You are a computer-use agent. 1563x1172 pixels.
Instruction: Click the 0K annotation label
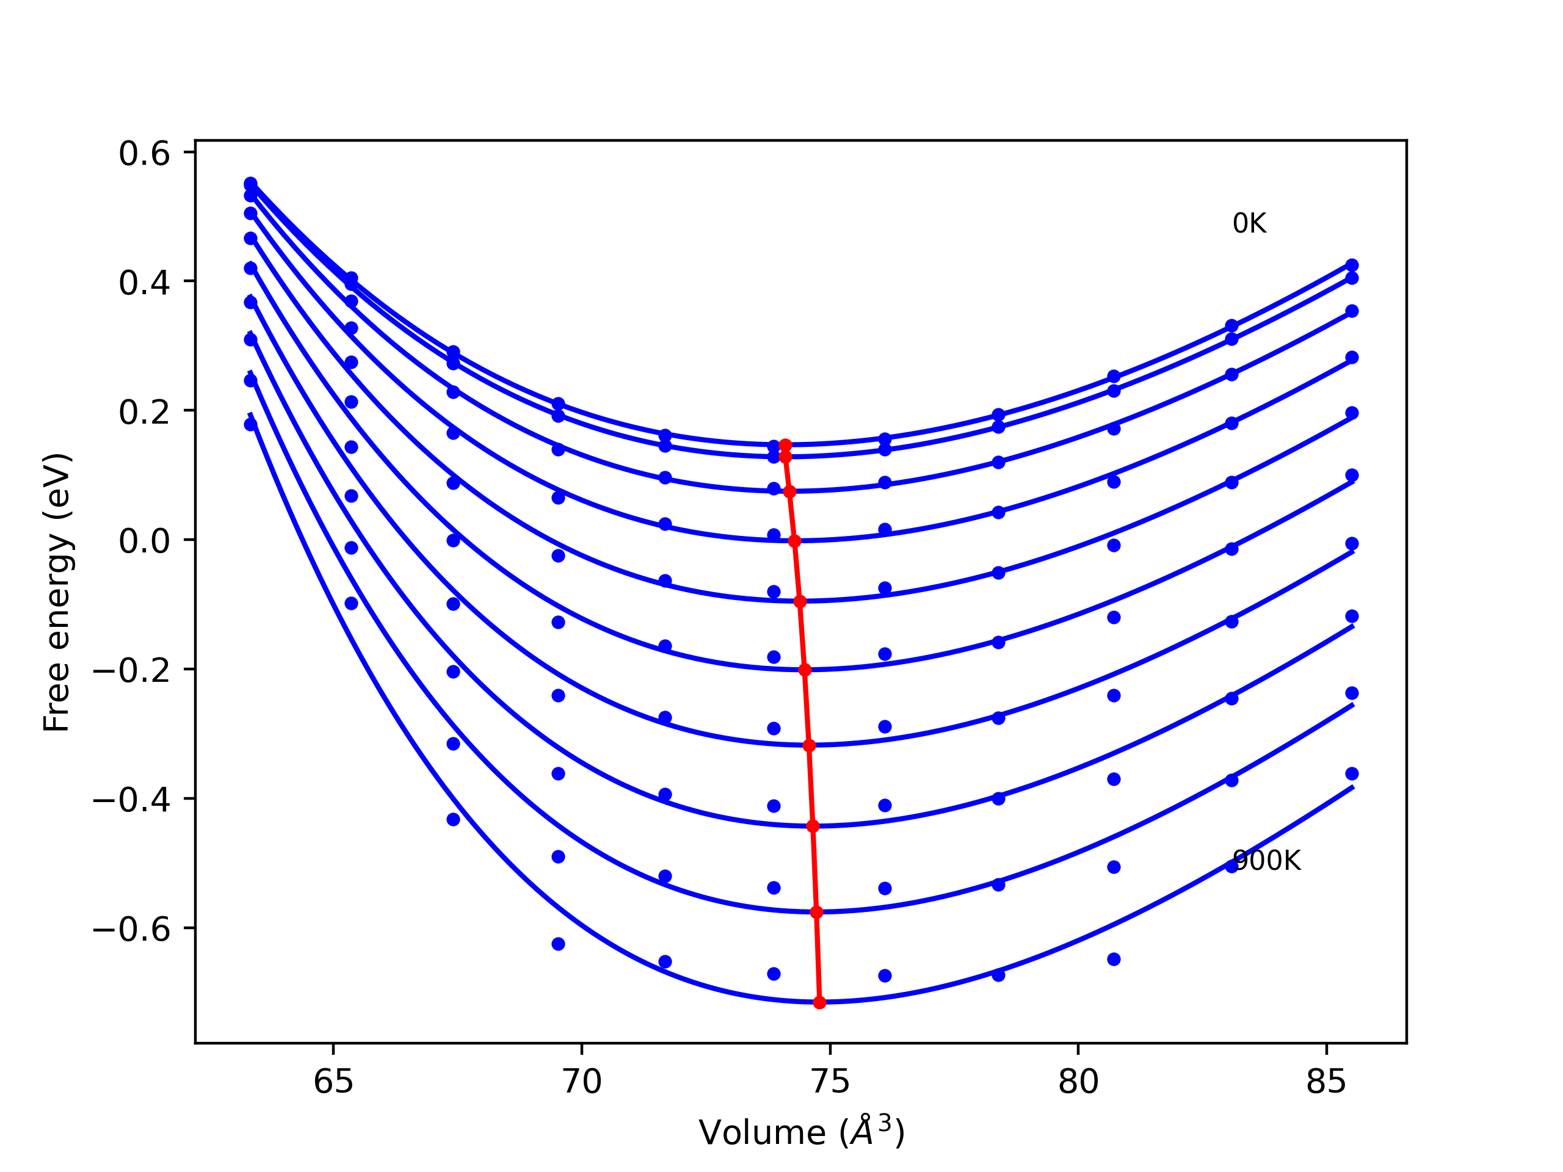point(1249,224)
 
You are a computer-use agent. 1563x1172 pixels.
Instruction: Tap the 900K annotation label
point(1266,861)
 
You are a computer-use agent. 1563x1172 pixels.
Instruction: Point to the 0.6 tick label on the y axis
point(144,154)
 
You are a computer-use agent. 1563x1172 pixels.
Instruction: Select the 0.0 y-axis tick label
point(144,542)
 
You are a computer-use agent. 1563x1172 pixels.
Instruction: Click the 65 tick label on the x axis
point(333,1082)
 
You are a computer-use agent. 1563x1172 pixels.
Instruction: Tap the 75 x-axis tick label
point(830,1082)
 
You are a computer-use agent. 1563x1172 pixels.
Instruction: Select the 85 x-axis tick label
point(1326,1082)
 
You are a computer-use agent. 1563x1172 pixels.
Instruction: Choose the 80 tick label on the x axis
point(1078,1082)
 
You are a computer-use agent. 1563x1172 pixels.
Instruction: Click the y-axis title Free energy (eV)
point(57,593)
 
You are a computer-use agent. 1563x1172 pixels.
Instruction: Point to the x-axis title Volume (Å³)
point(801,1132)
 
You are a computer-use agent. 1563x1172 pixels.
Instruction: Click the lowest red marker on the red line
point(819,1002)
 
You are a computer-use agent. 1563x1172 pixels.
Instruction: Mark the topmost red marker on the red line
point(785,445)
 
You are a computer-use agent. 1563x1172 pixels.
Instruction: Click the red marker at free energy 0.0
point(794,541)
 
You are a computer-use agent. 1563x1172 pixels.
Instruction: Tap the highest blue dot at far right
point(1352,266)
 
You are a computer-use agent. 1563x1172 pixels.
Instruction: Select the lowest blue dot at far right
point(1352,773)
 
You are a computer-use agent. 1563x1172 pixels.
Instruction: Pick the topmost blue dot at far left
point(250,184)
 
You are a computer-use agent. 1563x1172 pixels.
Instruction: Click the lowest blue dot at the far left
point(250,425)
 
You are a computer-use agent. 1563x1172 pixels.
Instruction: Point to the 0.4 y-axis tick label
point(144,283)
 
